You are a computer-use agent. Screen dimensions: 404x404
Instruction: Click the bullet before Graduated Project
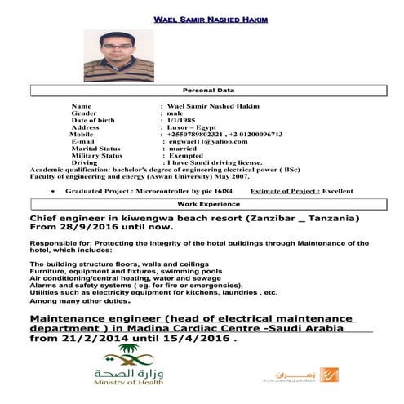[53, 190]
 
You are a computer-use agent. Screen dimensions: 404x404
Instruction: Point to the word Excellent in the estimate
[337, 190]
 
